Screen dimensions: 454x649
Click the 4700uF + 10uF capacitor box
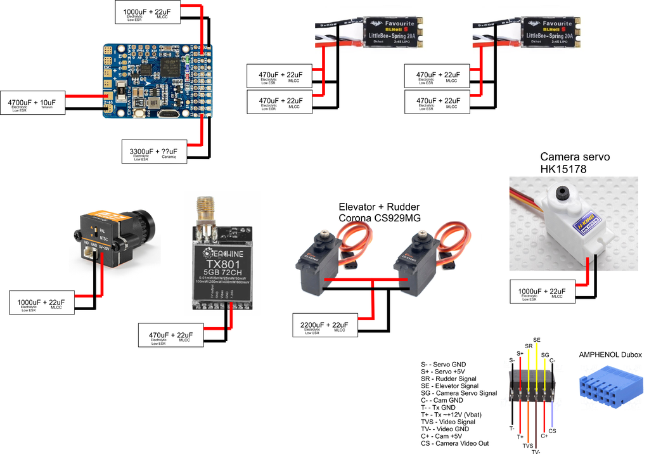point(31,103)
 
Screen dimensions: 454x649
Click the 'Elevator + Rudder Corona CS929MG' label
point(379,213)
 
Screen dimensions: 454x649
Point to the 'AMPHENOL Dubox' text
point(610,355)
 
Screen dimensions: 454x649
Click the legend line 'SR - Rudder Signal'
point(449,379)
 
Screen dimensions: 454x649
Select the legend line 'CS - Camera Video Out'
point(454,443)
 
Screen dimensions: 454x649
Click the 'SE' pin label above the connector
point(537,340)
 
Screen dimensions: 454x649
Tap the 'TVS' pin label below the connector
point(527,446)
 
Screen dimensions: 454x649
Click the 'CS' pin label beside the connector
point(552,431)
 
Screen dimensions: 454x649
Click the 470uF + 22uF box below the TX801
point(170,336)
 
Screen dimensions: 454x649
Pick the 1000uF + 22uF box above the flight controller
point(146,13)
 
